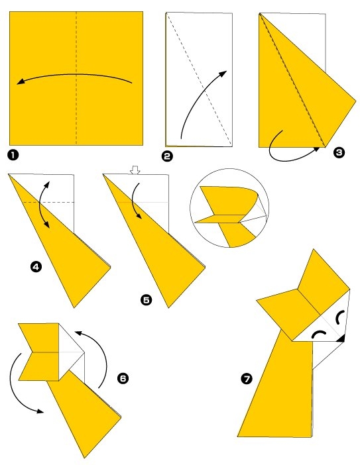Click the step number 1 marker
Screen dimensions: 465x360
tap(13, 156)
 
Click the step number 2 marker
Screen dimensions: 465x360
tap(167, 156)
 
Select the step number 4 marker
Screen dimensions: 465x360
tap(36, 267)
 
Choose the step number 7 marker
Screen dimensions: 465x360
tap(247, 379)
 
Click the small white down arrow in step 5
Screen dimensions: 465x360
tap(135, 170)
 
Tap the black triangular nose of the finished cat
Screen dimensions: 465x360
tap(341, 339)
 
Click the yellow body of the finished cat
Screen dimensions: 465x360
tap(278, 391)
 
